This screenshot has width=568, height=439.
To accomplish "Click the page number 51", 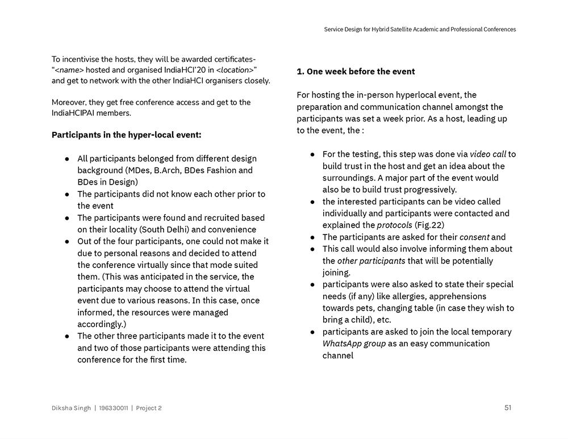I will click(508, 407).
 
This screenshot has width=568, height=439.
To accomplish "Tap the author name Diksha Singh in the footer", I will click(71, 408).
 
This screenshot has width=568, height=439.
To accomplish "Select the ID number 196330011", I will click(114, 408).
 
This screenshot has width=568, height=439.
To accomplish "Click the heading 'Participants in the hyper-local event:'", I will click(126, 135).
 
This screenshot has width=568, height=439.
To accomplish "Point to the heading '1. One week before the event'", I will click(356, 72).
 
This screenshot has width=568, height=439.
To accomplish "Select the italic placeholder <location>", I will click(235, 70).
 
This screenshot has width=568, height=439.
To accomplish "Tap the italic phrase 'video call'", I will click(488, 154).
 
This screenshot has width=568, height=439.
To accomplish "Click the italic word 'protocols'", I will click(395, 225).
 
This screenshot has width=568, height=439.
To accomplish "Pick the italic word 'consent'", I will click(474, 237).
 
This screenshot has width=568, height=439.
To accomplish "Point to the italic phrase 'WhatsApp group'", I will click(354, 343).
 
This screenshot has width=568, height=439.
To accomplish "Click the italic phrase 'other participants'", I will click(371, 261).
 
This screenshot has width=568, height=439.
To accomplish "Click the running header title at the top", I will click(420, 30).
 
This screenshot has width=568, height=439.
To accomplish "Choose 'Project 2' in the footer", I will click(149, 408).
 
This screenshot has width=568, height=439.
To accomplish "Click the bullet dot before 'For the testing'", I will click(313, 154).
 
